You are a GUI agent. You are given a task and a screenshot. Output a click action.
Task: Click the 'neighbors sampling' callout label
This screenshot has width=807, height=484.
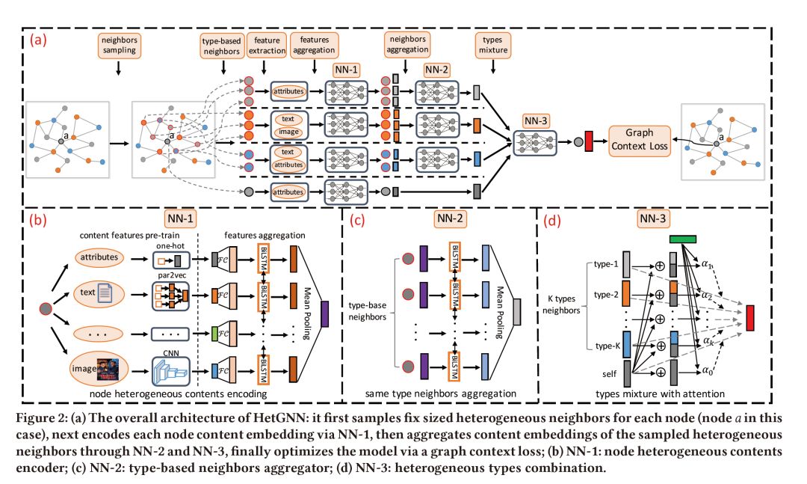point(118,44)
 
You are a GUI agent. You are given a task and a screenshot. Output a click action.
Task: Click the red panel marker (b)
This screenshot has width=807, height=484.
point(38,221)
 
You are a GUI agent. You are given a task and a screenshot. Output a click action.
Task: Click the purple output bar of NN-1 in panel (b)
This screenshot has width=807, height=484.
point(324,310)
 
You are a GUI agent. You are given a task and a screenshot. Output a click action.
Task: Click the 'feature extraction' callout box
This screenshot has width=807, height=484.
point(268,44)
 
